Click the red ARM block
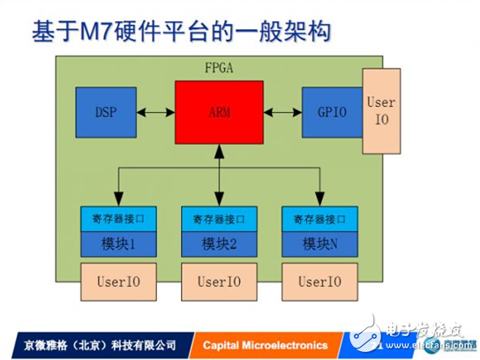click(x=220, y=113)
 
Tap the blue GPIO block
click(x=332, y=113)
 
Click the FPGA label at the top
click(x=220, y=68)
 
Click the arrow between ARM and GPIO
click(x=282, y=113)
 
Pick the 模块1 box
click(x=118, y=244)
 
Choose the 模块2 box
click(x=220, y=244)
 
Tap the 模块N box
click(x=319, y=244)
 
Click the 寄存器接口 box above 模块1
click(x=118, y=218)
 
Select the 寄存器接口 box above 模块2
click(x=220, y=218)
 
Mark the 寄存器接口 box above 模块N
click(x=319, y=218)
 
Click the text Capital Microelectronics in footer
click(x=265, y=344)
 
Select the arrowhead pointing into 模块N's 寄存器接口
click(x=319, y=201)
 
